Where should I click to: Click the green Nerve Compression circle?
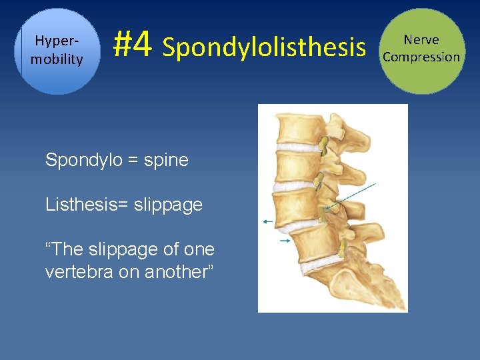click(x=421, y=51)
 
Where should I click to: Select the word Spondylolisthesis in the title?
click(x=264, y=47)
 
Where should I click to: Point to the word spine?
click(x=165, y=160)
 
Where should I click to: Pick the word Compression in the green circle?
click(x=421, y=57)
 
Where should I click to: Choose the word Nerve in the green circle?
click(x=421, y=40)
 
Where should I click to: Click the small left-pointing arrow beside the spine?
click(x=268, y=221)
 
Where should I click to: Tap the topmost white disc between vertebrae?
click(x=298, y=147)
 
